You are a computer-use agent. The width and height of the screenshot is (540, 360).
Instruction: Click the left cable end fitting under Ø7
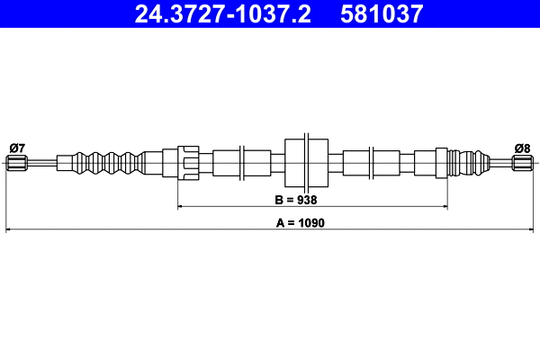[16, 163]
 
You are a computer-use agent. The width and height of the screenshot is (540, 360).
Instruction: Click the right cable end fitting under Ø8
[523, 163]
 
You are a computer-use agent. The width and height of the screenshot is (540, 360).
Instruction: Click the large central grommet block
[307, 163]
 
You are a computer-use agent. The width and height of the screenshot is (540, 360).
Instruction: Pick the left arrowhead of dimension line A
[9, 231]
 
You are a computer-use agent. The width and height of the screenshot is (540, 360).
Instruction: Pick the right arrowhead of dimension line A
[531, 231]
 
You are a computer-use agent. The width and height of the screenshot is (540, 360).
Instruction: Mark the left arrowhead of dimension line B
[181, 207]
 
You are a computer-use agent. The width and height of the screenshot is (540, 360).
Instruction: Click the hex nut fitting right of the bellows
[187, 163]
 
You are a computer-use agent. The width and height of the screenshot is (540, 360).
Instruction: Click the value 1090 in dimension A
[311, 221]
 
